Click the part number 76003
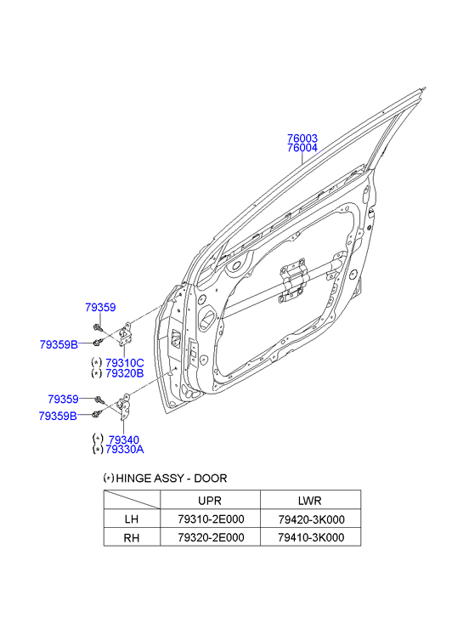coord(302,139)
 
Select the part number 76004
coord(302,148)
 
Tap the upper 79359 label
coord(100,308)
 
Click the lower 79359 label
coord(63,400)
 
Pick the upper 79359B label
coord(59,344)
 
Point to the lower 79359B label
coord(58,416)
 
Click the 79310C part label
coord(125,363)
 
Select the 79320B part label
coord(125,373)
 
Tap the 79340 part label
coord(124,439)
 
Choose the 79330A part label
coord(125,450)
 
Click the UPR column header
coord(210,501)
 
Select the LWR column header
coord(310,501)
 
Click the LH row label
coord(131,519)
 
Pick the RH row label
coord(131,537)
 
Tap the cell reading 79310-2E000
coord(211,519)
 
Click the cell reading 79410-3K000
coord(311,537)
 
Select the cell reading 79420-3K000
coord(311,519)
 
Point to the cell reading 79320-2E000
coord(211,537)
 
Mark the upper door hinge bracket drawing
coord(125,335)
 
